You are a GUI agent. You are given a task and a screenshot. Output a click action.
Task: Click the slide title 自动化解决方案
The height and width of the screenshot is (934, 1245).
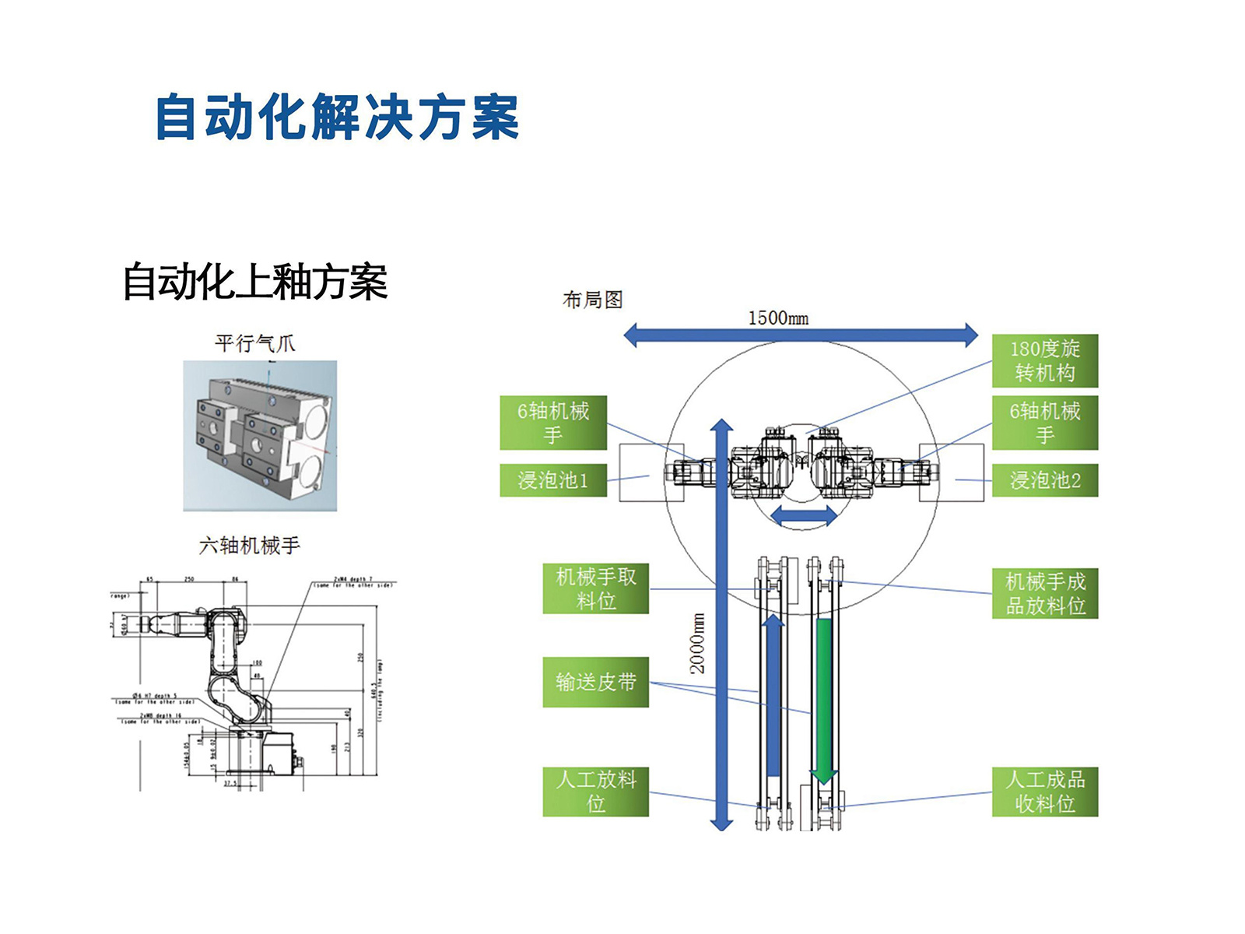337,118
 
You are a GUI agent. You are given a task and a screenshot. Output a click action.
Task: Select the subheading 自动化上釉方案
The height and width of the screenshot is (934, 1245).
255,281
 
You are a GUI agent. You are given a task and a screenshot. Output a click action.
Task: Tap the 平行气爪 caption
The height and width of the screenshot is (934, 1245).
254,343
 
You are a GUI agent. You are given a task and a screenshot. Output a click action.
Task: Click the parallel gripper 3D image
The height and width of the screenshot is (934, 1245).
260,435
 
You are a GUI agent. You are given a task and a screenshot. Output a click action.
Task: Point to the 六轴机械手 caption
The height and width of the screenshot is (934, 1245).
249,546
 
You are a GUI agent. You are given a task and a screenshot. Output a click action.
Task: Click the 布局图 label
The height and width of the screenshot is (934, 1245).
592,300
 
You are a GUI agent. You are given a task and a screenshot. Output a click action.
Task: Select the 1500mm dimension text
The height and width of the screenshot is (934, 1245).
777,318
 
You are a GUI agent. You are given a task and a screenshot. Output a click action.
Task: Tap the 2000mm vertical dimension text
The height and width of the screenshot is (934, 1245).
697,643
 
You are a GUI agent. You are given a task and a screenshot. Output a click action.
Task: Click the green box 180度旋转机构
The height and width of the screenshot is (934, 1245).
1044,360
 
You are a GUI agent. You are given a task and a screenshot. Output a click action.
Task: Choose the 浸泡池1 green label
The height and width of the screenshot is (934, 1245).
552,480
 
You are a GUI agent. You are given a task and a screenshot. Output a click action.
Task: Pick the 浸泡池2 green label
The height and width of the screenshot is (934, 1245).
1044,480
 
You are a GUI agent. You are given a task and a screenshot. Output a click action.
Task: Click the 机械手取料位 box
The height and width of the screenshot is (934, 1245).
595,588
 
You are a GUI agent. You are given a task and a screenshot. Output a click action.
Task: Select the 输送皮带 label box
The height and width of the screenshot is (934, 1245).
595,682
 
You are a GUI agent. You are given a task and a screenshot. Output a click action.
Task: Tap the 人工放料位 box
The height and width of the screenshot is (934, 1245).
595,791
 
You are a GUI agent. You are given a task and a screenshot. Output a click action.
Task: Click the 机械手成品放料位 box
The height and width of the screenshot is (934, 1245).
1044,593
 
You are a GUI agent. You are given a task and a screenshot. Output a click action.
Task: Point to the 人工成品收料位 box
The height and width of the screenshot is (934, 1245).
1044,791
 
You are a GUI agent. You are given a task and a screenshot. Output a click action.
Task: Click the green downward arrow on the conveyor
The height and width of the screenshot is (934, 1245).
823,700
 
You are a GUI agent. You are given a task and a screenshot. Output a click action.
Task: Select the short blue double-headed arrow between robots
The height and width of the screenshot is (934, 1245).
804,515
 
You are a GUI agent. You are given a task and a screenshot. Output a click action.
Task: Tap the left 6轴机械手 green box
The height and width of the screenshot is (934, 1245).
552,423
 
